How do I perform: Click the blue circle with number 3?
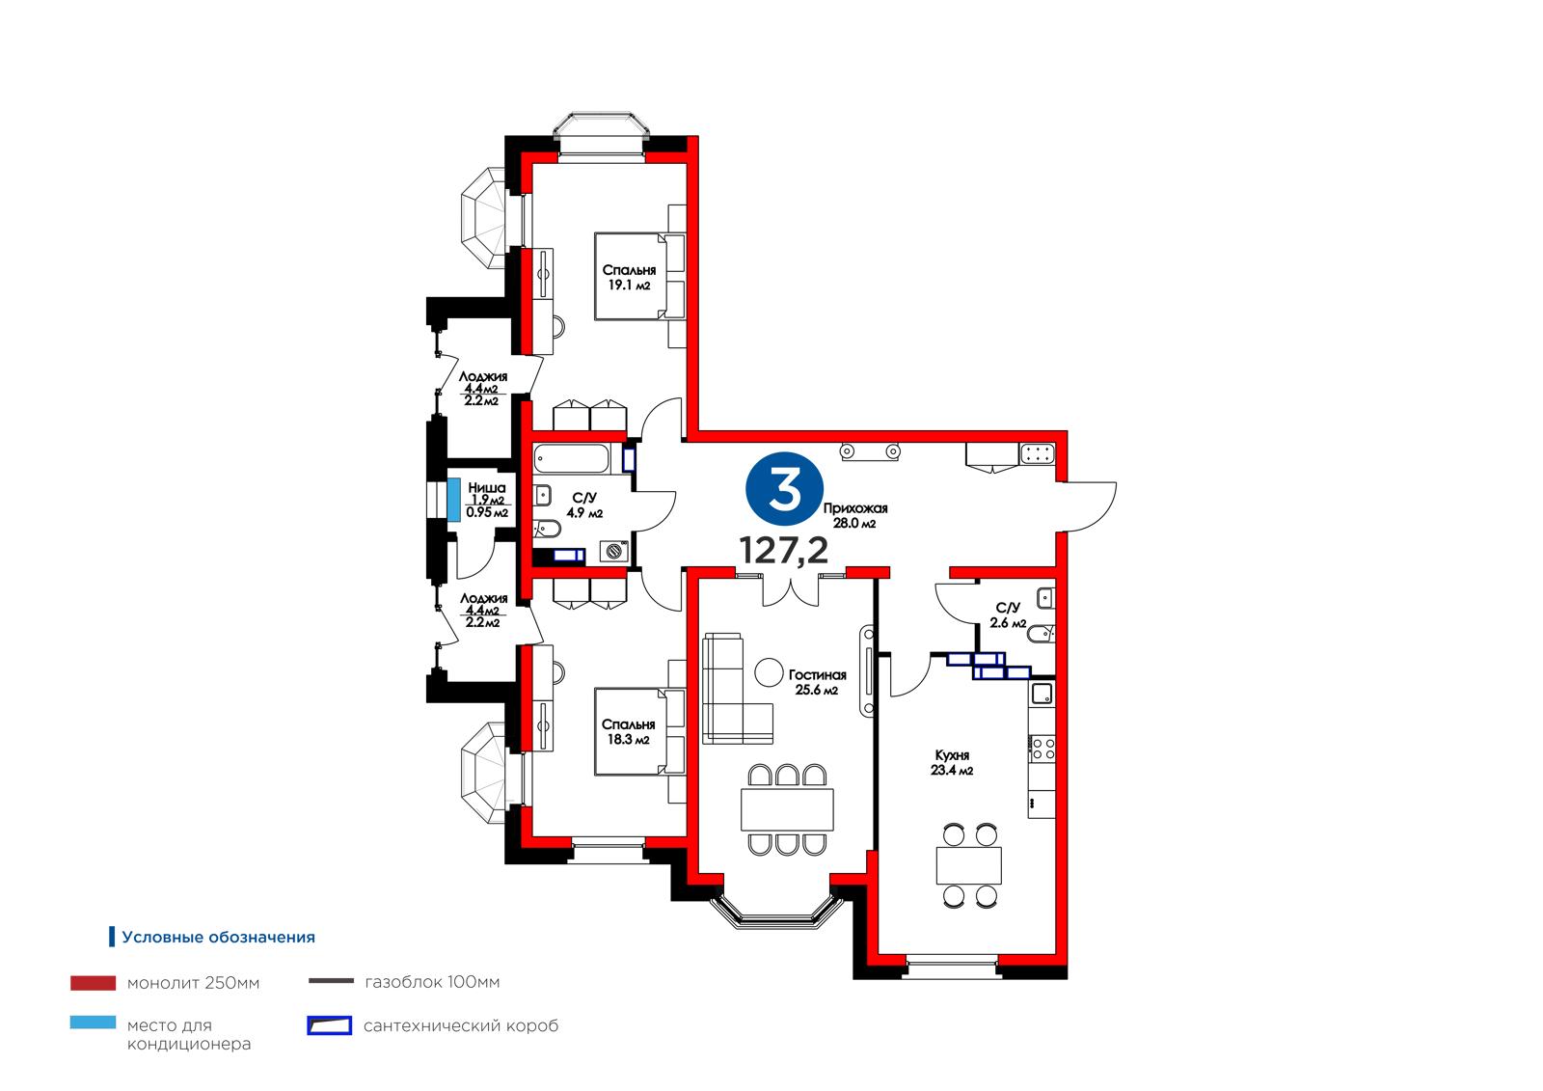[x=784, y=491]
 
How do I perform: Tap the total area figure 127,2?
[x=783, y=551]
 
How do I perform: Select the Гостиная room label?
[x=817, y=675]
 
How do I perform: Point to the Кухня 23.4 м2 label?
[x=952, y=763]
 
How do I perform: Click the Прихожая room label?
[x=854, y=508]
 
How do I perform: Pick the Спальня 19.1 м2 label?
[x=629, y=278]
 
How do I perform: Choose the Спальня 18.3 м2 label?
[x=628, y=732]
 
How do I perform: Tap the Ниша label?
[x=487, y=488]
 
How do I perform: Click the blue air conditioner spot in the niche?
[x=453, y=499]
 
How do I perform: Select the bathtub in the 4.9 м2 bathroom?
[x=571, y=459]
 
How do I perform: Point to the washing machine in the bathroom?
[x=613, y=551]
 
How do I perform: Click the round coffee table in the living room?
[x=768, y=672]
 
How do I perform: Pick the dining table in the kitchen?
[x=968, y=865]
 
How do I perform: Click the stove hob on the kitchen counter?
[x=1042, y=749]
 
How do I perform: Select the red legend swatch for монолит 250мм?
[x=93, y=983]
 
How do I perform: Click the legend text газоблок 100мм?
[x=432, y=981]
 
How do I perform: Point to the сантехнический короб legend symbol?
[x=329, y=1025]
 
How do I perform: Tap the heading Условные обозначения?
[x=218, y=938]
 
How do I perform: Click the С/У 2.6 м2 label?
[x=1008, y=615]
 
